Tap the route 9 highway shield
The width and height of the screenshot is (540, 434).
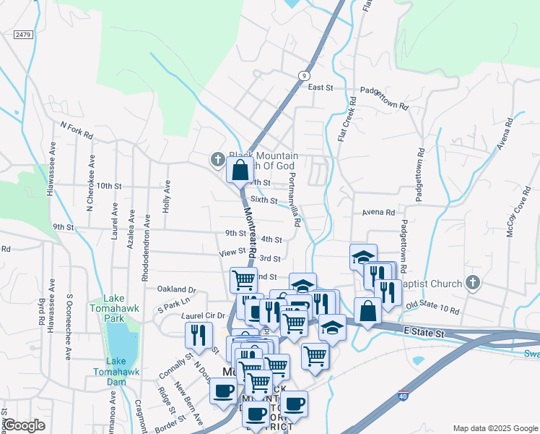pos(306,75)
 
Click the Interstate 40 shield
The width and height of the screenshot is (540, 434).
pos(403,396)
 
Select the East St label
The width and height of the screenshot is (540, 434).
pos(319,88)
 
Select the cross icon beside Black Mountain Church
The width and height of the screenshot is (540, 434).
pos(217,159)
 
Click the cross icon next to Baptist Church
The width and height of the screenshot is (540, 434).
pos(473,283)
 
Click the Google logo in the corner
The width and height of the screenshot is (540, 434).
pos(23,425)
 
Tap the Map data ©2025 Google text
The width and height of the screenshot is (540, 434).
pos(495,428)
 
